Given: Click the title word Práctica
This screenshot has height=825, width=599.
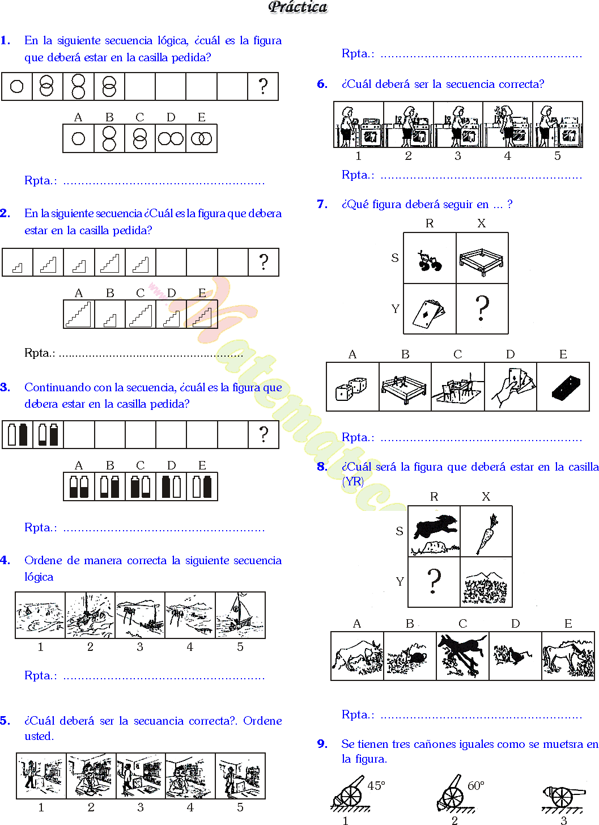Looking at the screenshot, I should click(298, 7).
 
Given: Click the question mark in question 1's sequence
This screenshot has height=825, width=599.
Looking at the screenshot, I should click(263, 86).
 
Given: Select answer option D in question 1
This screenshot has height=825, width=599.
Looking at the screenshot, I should click(171, 138).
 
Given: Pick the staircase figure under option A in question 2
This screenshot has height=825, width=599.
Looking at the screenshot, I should click(79, 314).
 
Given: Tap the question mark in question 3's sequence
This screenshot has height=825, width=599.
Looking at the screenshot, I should click(264, 434).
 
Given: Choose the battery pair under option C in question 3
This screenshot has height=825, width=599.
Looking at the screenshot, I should click(140, 486).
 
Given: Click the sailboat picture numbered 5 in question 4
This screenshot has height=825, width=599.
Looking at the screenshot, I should click(240, 615).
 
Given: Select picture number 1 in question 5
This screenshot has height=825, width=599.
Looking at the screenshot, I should click(41, 776).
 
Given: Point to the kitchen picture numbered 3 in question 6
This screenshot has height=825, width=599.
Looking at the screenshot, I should click(458, 125).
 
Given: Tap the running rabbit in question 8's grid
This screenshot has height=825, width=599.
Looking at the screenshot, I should click(435, 528).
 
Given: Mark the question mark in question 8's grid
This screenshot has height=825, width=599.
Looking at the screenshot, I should click(434, 581).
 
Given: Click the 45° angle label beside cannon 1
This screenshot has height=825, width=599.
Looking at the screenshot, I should click(376, 785).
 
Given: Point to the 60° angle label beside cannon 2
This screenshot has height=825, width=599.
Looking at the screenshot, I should click(476, 785).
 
